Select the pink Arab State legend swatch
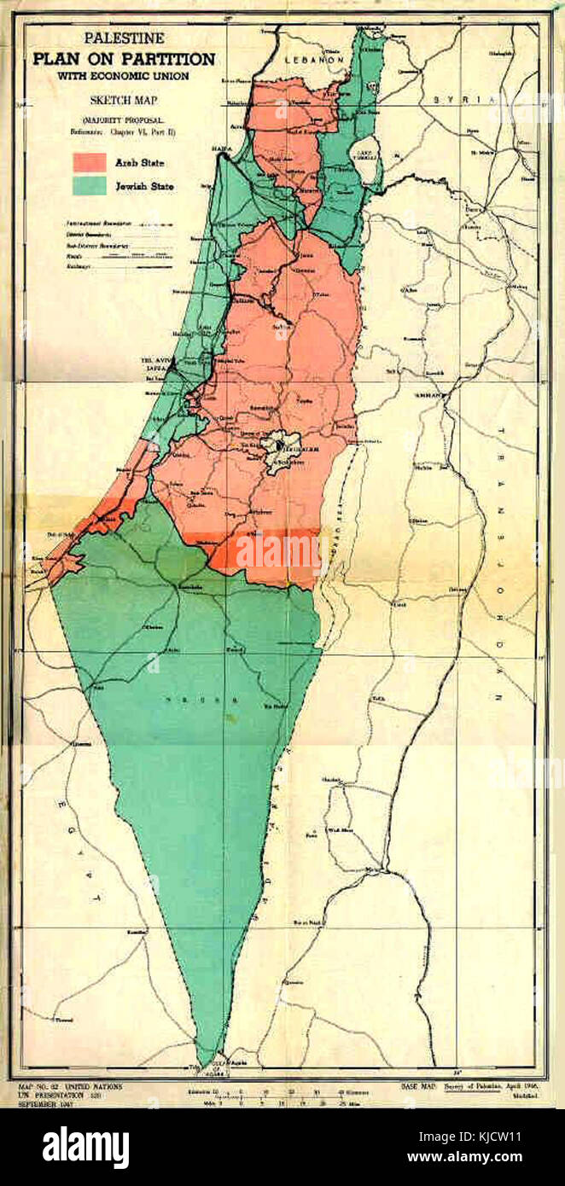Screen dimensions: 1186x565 pos(90,162)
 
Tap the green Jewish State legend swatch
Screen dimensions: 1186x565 pos(90,184)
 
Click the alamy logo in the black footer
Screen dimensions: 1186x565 pos(85,1147)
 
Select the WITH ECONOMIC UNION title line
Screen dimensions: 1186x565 pos(125,75)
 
